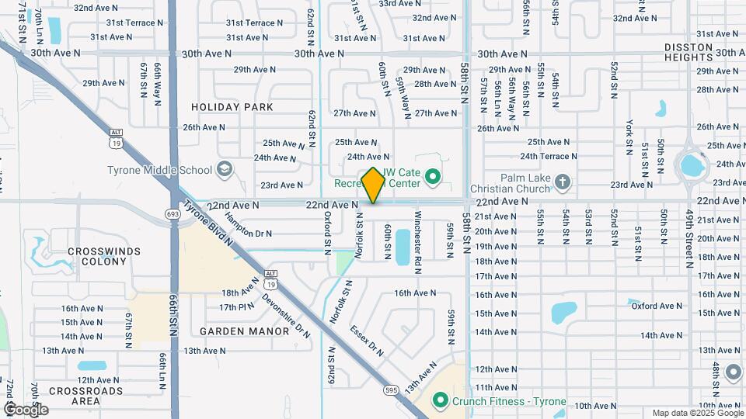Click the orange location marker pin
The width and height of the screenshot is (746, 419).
click(374, 185)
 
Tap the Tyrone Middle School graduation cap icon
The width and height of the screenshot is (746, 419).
click(224, 169)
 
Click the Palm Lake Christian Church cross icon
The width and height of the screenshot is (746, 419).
click(563, 183)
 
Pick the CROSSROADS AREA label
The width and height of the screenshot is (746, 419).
click(85, 396)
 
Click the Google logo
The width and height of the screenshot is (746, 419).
click(26, 409)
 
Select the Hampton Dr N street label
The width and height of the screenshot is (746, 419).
click(248, 231)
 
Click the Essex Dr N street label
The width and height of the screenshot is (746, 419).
click(367, 339)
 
